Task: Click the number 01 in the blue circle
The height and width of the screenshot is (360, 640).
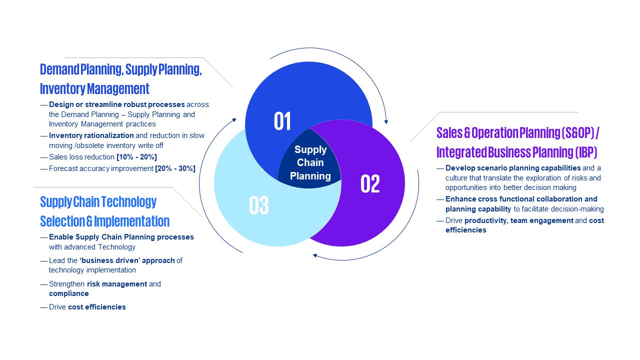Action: click(x=282, y=121)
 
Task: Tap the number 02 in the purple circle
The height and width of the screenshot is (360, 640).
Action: click(x=370, y=183)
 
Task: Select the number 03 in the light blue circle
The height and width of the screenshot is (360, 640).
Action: click(x=259, y=205)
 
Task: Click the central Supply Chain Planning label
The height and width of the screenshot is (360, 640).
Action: click(x=310, y=162)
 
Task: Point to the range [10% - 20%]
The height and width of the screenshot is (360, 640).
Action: click(x=136, y=157)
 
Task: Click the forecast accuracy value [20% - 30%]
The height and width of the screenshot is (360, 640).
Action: click(x=175, y=168)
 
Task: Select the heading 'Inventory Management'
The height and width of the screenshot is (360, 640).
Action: click(x=94, y=88)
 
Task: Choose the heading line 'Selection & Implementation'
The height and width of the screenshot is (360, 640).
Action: click(x=105, y=221)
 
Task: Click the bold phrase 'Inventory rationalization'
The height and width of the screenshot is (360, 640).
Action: click(x=91, y=135)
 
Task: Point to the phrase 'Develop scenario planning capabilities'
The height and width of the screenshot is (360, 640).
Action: click(x=513, y=168)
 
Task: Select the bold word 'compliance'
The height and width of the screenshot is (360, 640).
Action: click(x=69, y=293)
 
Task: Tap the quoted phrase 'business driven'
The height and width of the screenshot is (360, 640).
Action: click(x=110, y=260)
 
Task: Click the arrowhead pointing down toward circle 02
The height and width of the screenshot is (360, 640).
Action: click(x=386, y=122)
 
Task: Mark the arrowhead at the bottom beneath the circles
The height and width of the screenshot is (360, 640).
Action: click(x=315, y=255)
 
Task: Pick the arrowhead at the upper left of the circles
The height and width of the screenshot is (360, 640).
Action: click(x=234, y=120)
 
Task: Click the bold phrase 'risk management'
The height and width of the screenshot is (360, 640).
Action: click(x=117, y=284)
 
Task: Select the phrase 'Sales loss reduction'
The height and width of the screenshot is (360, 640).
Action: click(x=81, y=157)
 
